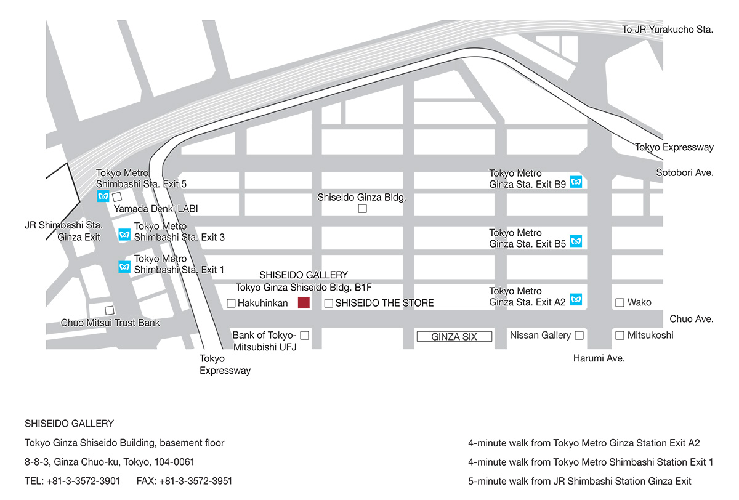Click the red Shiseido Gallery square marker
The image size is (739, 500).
(304, 302)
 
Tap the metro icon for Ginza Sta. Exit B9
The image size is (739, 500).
(576, 182)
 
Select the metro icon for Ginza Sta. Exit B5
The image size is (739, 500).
(576, 241)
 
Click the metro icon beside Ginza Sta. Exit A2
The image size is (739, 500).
(576, 300)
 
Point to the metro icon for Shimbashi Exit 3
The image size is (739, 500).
(124, 235)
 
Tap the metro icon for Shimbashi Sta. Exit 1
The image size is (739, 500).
(124, 267)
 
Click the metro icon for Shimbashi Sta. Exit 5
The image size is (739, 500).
(103, 196)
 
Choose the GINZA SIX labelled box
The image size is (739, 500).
(454, 337)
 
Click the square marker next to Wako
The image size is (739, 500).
(620, 302)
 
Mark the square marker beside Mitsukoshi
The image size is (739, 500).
(620, 335)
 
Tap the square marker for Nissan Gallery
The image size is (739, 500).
(579, 336)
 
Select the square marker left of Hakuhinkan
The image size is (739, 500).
(231, 303)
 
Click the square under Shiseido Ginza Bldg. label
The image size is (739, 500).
(362, 209)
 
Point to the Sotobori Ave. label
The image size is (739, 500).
(685, 173)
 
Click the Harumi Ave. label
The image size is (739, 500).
(599, 358)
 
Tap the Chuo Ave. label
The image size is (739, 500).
(692, 319)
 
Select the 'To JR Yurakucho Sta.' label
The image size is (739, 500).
(668, 30)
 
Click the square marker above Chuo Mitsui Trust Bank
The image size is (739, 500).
(110, 310)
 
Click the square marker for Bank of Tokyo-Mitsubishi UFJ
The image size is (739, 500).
(304, 336)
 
